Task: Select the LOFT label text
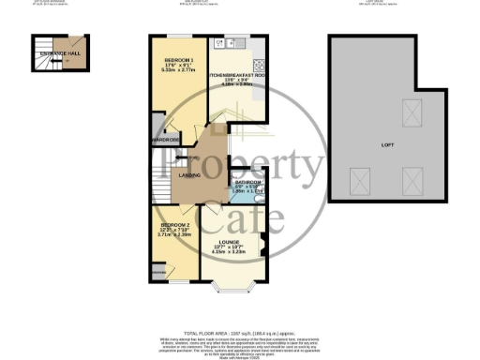[x=388, y=146]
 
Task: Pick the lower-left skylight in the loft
[x=358, y=179]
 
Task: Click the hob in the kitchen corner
[x=221, y=42]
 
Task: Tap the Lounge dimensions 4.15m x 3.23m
[x=241, y=253]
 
